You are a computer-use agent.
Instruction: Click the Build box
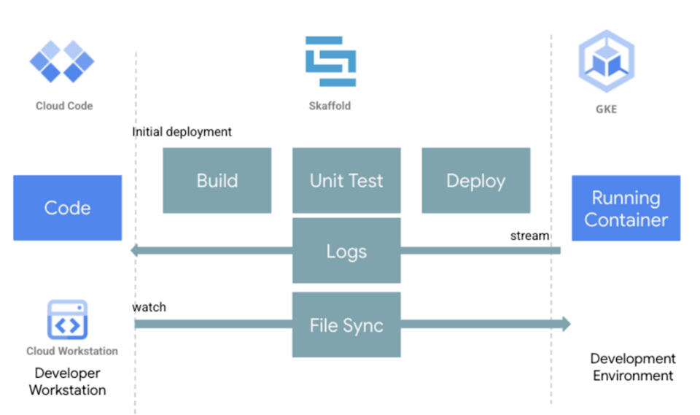coord(217,180)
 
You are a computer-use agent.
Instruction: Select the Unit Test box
coord(346,180)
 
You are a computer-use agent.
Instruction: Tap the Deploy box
coord(475,180)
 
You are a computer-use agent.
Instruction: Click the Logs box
coord(346,251)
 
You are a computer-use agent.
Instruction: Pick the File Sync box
coord(346,325)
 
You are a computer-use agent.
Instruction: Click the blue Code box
coord(67,208)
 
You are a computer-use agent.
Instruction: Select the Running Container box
coord(626,208)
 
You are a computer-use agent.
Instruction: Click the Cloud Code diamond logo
coord(62,61)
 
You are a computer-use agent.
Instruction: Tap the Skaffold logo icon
coord(330,62)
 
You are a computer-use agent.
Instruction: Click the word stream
coord(529,236)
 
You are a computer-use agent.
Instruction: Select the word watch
coord(149,307)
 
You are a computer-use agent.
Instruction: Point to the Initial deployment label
coord(182,132)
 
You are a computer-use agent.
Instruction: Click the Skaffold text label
coord(330,106)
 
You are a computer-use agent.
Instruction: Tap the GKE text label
coord(606,109)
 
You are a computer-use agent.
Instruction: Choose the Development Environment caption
coord(632,367)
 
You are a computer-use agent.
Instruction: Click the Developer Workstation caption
coord(67,381)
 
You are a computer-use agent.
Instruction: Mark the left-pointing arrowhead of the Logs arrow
coord(136,251)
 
